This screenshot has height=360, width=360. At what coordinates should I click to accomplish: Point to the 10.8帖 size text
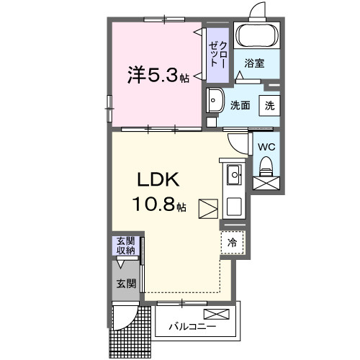158,204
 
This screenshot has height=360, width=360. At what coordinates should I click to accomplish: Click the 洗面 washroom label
240,105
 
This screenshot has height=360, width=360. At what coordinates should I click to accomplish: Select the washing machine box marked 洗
269,105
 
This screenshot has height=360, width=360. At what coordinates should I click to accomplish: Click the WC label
266,147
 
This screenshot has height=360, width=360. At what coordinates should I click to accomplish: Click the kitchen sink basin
234,175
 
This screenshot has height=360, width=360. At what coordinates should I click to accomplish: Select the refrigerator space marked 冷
232,243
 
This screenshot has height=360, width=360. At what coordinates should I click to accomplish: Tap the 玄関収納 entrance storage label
126,246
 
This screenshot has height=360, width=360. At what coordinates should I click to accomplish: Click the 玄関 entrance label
126,284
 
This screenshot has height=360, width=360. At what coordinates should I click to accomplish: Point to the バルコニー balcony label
192,326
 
